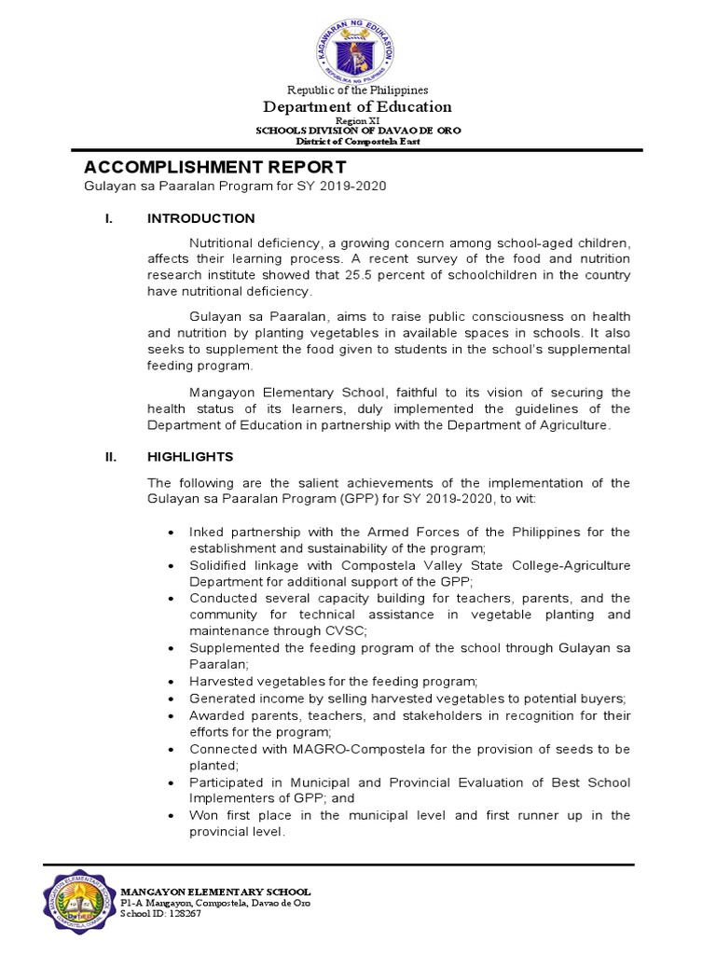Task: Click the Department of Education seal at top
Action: tap(358, 44)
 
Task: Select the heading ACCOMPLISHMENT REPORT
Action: tap(215, 167)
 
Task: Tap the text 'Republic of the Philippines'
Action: tap(358, 90)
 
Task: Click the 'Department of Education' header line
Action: tap(358, 107)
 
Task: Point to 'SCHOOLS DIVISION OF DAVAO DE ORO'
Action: tap(358, 131)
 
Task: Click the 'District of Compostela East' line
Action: tap(358, 142)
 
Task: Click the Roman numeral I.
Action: tap(107, 218)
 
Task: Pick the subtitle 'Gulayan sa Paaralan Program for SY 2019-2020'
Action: tap(235, 187)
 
